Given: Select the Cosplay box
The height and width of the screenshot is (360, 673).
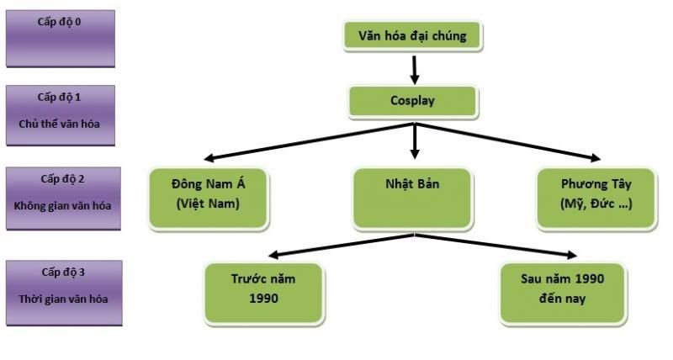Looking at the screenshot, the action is pyautogui.click(x=412, y=100).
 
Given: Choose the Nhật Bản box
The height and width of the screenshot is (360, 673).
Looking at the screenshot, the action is pyautogui.click(x=412, y=197).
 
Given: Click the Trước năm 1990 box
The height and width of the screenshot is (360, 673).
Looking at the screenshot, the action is pyautogui.click(x=263, y=291).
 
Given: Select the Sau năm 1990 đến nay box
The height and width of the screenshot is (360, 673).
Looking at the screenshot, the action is pyautogui.click(x=562, y=291).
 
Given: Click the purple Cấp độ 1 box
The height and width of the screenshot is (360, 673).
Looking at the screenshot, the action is pyautogui.click(x=60, y=114).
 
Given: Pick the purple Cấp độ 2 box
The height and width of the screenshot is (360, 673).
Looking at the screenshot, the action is pyautogui.click(x=60, y=197).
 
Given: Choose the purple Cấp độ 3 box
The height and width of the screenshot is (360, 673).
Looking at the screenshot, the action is pyautogui.click(x=60, y=290).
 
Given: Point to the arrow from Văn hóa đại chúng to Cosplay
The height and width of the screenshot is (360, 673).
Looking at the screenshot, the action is pyautogui.click(x=413, y=67).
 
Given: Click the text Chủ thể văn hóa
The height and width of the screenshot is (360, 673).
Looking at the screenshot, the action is pyautogui.click(x=60, y=124).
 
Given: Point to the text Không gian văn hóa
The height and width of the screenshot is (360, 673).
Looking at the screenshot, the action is pyautogui.click(x=60, y=206).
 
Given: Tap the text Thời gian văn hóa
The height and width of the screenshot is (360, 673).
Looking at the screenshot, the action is pyautogui.click(x=60, y=299).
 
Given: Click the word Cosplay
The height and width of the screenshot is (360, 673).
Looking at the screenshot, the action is pyautogui.click(x=412, y=100).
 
